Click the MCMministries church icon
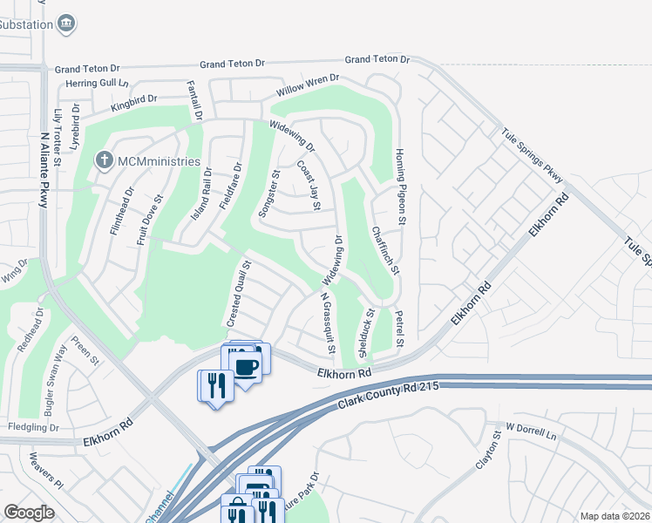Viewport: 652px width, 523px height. click(x=104, y=161)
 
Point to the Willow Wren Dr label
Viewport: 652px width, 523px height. click(x=307, y=85)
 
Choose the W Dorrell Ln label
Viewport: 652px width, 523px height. click(x=531, y=429)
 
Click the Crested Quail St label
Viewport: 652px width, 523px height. click(x=239, y=294)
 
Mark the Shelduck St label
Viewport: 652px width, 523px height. click(x=363, y=331)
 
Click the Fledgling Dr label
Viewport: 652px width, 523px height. click(x=32, y=428)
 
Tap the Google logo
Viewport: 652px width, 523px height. click(x=29, y=513)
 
